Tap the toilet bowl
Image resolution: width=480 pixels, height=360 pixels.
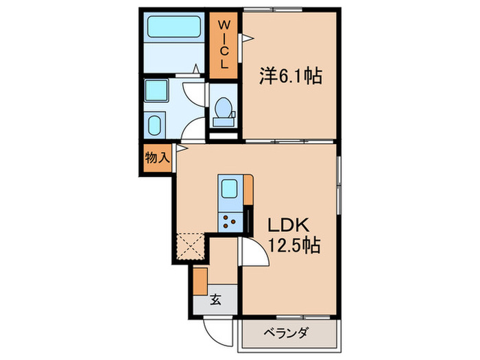click(x=223, y=110)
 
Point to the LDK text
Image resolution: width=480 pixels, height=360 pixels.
click(x=289, y=225)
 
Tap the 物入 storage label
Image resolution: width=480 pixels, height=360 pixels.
click(x=156, y=158)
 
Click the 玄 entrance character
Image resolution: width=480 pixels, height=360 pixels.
click(x=215, y=298)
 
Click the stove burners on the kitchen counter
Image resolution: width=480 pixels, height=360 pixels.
click(x=228, y=221)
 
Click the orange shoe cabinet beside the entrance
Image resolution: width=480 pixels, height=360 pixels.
click(x=200, y=280)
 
